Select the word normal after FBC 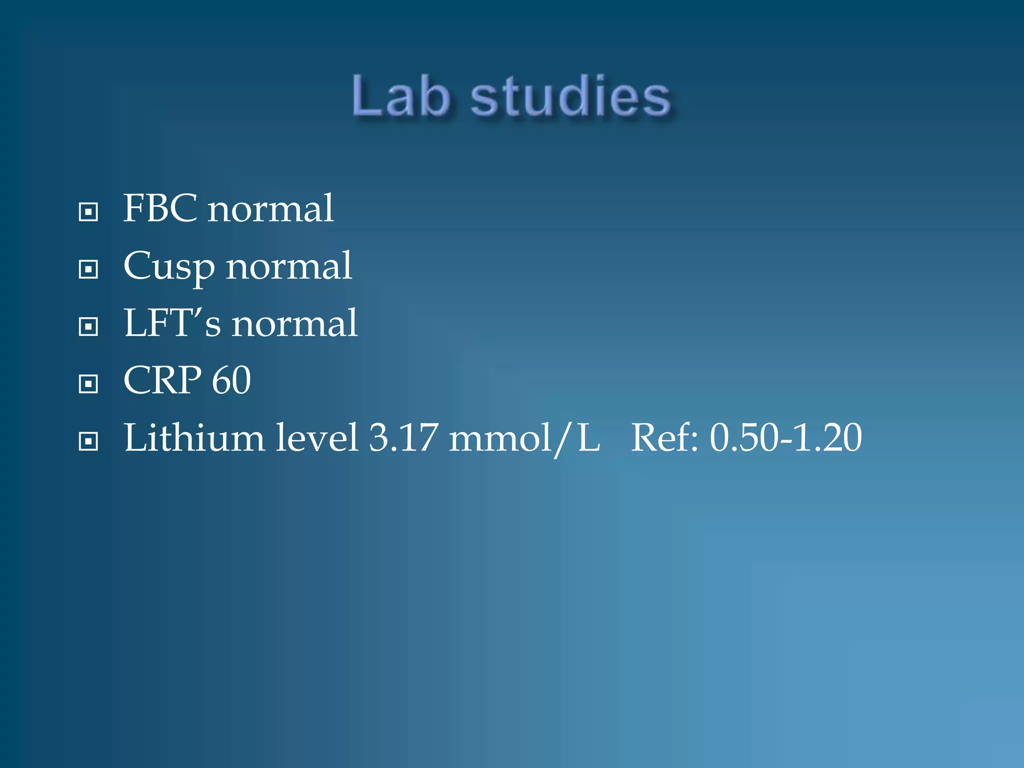270,209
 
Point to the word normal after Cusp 289,266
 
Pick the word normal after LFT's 294,324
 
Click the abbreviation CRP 162,380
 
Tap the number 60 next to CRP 231,380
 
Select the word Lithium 194,438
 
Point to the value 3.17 403,438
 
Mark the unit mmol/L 524,439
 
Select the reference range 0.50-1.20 786,438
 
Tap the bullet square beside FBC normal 88,212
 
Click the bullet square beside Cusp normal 88,269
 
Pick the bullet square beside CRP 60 88,384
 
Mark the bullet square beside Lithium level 88,441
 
